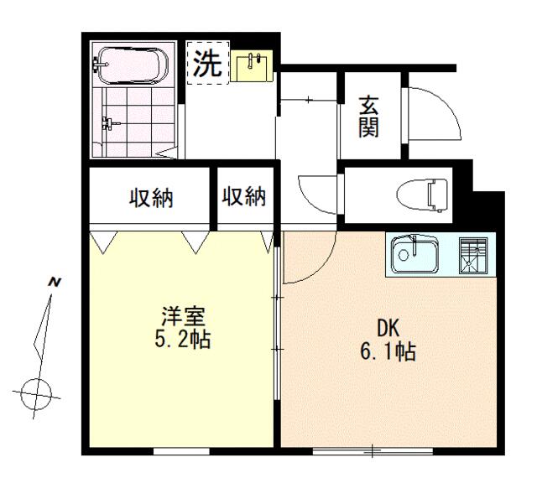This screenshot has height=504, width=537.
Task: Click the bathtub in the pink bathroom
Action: [130, 65]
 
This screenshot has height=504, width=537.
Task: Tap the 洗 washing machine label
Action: [206, 64]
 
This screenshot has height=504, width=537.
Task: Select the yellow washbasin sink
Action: [252, 66]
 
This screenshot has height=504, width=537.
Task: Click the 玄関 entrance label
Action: [369, 117]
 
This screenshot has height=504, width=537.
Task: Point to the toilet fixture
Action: [422, 195]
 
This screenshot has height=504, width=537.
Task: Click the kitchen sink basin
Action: [415, 254]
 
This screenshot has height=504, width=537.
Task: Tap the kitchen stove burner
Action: [473, 255]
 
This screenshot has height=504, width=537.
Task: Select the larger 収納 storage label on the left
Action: [151, 198]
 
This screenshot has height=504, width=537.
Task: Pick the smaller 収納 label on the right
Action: [244, 196]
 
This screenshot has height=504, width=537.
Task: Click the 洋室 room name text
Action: [183, 316]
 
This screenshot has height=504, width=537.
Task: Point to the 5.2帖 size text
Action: [183, 339]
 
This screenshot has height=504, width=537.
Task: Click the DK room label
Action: [388, 328]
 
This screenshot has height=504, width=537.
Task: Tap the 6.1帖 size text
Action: [388, 351]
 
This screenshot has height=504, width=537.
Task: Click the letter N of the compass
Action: [55, 283]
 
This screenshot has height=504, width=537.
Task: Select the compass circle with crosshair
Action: [36, 394]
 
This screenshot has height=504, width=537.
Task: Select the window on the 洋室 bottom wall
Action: [181, 451]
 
